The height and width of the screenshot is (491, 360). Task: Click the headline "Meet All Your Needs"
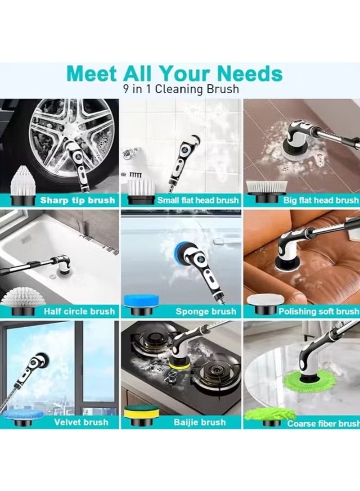[175, 74]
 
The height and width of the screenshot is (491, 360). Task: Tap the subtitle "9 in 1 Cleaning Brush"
[180, 89]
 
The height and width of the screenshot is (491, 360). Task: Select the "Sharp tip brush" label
[77, 200]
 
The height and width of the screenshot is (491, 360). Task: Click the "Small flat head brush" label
[198, 200]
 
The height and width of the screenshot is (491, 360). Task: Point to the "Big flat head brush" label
[321, 200]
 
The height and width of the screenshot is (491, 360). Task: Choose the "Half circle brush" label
[79, 311]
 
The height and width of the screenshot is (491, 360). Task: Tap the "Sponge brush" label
[206, 311]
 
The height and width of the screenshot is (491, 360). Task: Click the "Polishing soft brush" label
[319, 311]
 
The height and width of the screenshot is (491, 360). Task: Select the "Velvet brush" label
[81, 422]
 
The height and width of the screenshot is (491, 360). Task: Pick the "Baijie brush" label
[200, 422]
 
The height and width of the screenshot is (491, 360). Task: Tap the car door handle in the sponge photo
[219, 242]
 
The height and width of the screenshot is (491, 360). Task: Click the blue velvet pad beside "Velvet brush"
[23, 414]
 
